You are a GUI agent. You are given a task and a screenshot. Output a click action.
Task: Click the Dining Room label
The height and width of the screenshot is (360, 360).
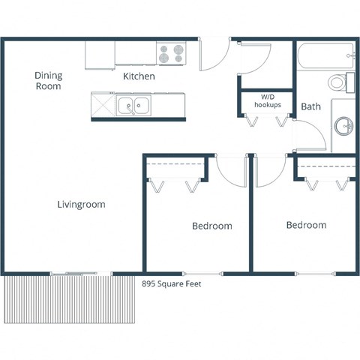click(x=48, y=80)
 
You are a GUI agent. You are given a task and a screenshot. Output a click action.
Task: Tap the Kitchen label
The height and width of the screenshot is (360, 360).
click(x=139, y=76)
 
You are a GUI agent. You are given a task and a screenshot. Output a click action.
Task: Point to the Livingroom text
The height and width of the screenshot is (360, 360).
click(x=81, y=204)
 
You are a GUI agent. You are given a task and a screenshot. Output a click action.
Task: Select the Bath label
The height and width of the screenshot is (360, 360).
click(x=310, y=106)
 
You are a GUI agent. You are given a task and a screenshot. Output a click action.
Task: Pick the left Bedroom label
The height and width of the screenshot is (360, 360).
click(x=211, y=226)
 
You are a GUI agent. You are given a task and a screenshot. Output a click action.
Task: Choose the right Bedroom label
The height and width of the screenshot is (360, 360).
click(x=306, y=225)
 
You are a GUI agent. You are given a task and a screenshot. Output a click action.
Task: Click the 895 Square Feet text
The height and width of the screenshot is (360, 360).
click(x=172, y=283)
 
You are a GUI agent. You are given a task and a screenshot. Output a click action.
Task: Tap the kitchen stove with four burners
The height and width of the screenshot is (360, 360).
click(x=172, y=53)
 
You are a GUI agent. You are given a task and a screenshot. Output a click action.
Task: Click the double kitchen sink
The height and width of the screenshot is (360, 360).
click(x=133, y=106)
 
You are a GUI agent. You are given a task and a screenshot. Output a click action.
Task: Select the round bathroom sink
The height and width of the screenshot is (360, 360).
click(x=343, y=126)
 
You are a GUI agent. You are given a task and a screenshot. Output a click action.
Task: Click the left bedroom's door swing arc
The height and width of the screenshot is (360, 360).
click(x=230, y=171)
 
